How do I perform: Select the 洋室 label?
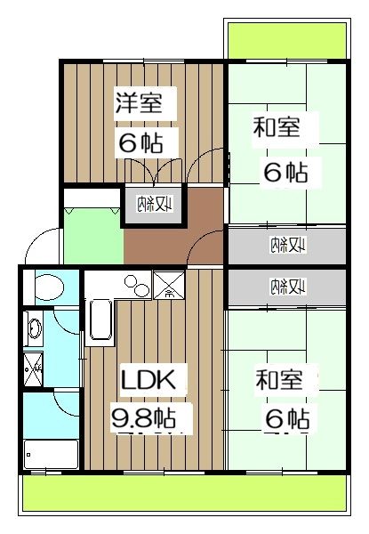pos(139,101)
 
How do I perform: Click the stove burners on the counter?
pos(136,286)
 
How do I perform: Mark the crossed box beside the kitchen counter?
pos(166,287)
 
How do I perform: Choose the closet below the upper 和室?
pos(285,245)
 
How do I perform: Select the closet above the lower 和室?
pos(285,287)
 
